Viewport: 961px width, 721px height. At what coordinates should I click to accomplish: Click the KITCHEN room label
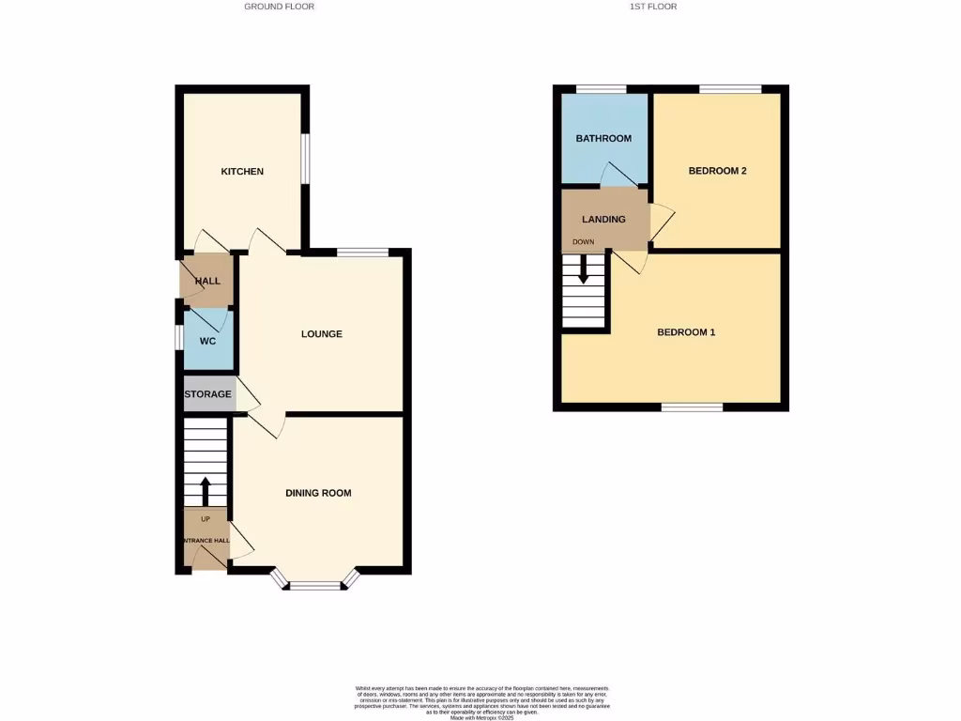pos(242,172)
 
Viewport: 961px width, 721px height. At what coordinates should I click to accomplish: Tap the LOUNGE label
pos(322,334)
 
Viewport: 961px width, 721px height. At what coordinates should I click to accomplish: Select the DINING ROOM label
pos(318,493)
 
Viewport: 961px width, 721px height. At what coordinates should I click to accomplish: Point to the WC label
pos(207,341)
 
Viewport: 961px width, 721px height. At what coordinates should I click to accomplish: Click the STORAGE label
pos(207,394)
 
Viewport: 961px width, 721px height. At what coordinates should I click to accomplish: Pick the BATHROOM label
pos(603,139)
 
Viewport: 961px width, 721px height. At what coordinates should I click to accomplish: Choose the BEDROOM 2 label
pos(717,171)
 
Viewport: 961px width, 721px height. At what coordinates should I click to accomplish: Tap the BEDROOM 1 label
pos(686,332)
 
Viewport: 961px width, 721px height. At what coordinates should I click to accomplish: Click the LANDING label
pos(603,220)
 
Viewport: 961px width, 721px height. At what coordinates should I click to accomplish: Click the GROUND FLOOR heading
pos(279,7)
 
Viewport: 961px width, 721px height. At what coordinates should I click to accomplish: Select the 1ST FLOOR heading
pos(653,7)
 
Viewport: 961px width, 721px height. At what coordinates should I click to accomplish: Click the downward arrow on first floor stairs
pos(584,270)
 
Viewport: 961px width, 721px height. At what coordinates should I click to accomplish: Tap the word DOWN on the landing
pos(584,242)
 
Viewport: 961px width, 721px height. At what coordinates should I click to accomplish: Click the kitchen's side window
pos(305,159)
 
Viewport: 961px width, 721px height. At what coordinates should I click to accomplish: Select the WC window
pos(178,337)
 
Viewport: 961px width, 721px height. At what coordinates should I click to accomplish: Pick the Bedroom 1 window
pos(692,407)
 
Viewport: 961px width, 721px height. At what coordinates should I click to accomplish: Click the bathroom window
pos(601,89)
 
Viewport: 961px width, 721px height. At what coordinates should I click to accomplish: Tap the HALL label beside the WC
pos(207,281)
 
